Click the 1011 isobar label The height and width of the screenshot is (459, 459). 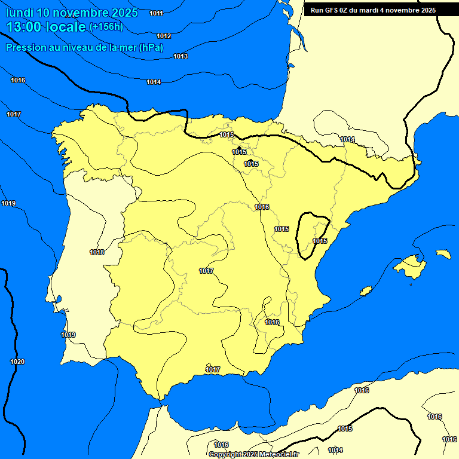pos(156,13)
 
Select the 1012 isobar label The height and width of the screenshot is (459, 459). pos(164,36)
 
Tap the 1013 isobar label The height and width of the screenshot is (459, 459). pos(180,56)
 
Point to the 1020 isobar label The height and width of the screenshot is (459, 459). pos(17,362)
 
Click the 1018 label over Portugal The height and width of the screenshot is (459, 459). pos(97,252)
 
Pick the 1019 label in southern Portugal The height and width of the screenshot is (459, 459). pos(68,335)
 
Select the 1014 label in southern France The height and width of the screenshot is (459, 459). pos(347,139)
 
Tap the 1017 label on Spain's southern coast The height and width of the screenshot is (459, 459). pos(213,369)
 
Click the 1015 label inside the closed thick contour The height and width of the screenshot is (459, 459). pos(320,241)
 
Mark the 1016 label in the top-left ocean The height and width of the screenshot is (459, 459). pos(18,80)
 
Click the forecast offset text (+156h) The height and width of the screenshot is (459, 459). pos(106,26)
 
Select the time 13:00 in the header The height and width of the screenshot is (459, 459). pos(24,26)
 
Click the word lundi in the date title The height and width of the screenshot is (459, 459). pos(19,13)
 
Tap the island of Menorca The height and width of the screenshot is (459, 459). pos(443,254)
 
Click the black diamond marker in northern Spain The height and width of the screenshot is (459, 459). pos(239,148)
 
